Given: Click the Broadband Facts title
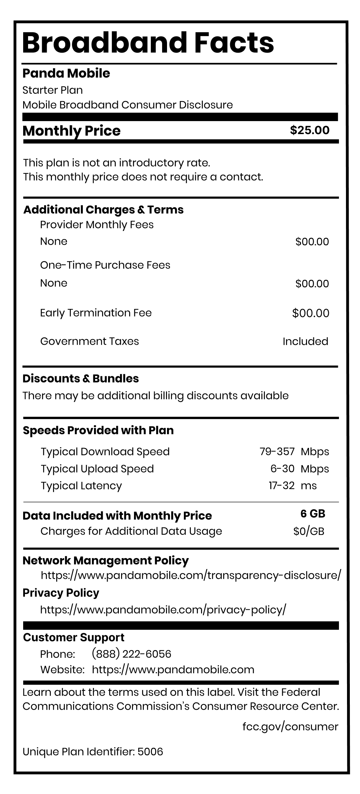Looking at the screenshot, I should pyautogui.click(x=148, y=43).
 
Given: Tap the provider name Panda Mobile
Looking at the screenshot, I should pyautogui.click(x=66, y=73).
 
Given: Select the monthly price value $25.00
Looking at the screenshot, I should pyautogui.click(x=309, y=130).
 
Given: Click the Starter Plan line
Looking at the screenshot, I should pyautogui.click(x=53, y=90).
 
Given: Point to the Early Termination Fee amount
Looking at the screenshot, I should pyautogui.click(x=311, y=313).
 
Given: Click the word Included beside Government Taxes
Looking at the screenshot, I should pyautogui.click(x=305, y=341).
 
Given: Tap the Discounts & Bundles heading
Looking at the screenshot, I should pyautogui.click(x=81, y=378).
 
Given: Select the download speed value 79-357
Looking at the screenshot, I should pyautogui.click(x=277, y=451).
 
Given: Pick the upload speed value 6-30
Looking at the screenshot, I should pyautogui.click(x=282, y=469).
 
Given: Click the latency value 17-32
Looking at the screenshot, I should pyautogui.click(x=281, y=485).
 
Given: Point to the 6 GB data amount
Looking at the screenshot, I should pyautogui.click(x=313, y=514).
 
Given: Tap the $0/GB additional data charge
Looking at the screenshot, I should pyautogui.click(x=309, y=531).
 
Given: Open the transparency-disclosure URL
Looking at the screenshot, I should pyautogui.click(x=191, y=575).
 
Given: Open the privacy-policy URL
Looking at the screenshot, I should pyautogui.click(x=163, y=610).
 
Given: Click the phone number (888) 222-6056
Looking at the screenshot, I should pyautogui.click(x=131, y=654).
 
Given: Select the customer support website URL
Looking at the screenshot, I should pyautogui.click(x=173, y=669).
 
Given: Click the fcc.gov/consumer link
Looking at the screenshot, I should pyautogui.click(x=290, y=726).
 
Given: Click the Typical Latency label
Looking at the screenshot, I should pyautogui.click(x=81, y=486).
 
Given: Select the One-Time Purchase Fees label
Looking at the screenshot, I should pyautogui.click(x=105, y=265).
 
